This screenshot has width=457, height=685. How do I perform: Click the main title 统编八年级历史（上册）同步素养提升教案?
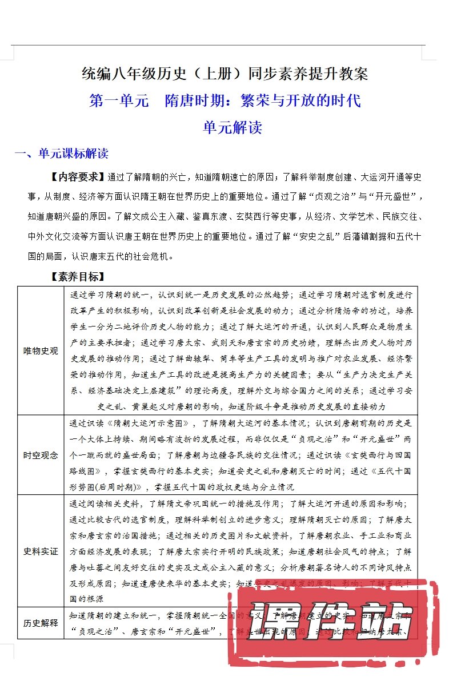pyautogui.click(x=225, y=74)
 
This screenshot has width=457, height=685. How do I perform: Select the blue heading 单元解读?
pyautogui.click(x=232, y=127)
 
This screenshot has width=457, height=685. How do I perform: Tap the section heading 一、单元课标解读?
pyautogui.click(x=61, y=154)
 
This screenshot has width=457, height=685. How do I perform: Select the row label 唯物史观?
pyautogui.click(x=41, y=350)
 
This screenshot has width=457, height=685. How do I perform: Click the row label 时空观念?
pyautogui.click(x=41, y=455)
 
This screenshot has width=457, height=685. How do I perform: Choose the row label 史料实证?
pyautogui.click(x=41, y=551)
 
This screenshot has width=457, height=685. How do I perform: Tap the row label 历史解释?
pyautogui.click(x=41, y=623)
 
